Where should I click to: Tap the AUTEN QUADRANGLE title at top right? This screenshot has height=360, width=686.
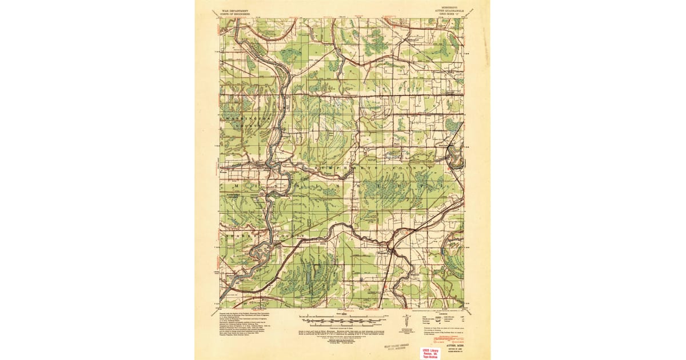[x=448, y=11]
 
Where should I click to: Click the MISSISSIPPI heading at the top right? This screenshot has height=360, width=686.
[x=448, y=7]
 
